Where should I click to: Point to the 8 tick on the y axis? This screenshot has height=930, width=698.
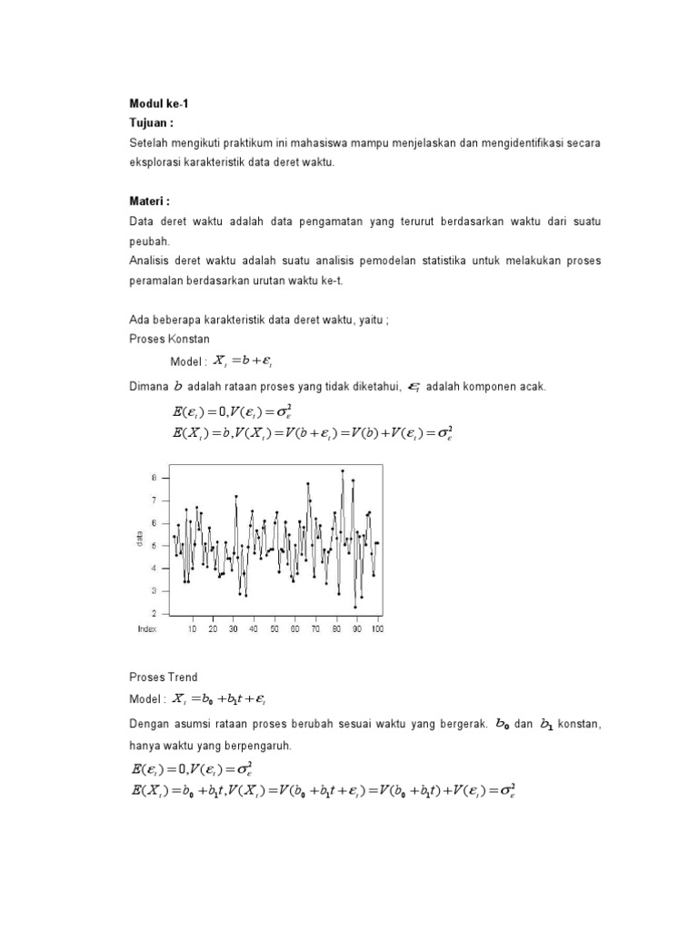[x=155, y=477]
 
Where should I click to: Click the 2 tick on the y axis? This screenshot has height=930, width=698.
[x=155, y=613]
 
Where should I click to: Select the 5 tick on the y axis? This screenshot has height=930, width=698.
[x=155, y=545]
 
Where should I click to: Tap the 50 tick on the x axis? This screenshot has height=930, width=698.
[x=274, y=628]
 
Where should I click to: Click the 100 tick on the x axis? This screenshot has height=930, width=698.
[x=376, y=628]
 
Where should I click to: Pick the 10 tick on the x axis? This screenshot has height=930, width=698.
[x=192, y=628]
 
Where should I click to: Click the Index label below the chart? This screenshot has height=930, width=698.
[x=147, y=628]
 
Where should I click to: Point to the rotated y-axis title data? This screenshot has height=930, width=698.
[x=141, y=543]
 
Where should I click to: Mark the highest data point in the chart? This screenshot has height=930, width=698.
[x=343, y=470]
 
